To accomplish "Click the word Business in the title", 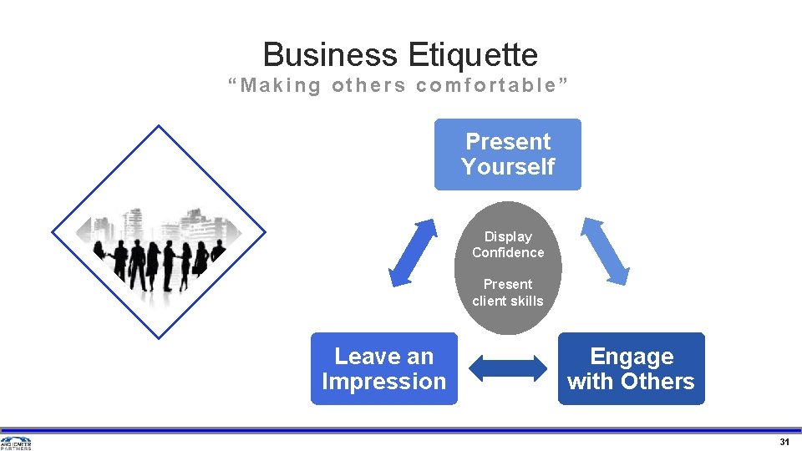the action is [x=331, y=55].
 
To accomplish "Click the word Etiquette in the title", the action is [x=474, y=55].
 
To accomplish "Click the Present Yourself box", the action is [x=507, y=155].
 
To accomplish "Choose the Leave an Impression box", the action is [x=384, y=368].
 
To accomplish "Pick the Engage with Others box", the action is [x=631, y=368].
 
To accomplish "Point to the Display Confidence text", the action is [x=508, y=245].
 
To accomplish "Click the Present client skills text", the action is [x=508, y=292].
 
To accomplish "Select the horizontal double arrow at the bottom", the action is [x=507, y=368].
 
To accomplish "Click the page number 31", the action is [x=784, y=442].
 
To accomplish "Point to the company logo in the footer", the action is [x=16, y=443].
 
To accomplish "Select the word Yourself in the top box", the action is [x=508, y=167].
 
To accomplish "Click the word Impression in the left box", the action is [x=384, y=382].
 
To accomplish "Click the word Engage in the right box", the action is [x=632, y=357].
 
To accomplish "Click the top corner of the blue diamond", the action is [x=159, y=126].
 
